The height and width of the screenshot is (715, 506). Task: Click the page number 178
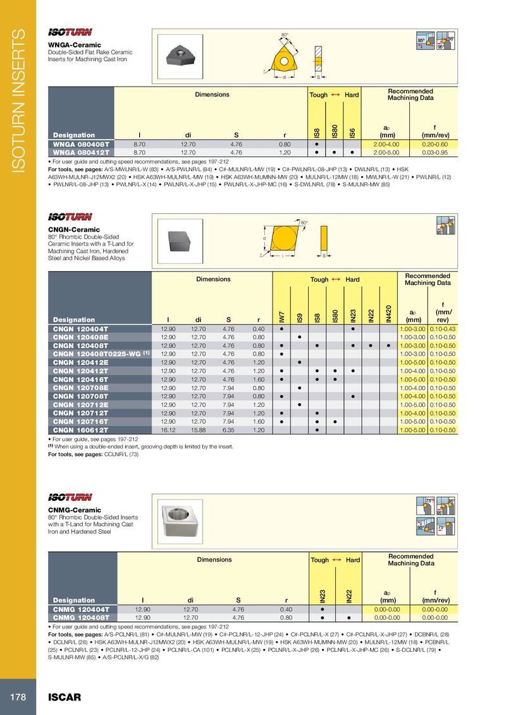click(17, 697)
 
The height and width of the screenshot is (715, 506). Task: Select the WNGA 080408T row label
click(81, 145)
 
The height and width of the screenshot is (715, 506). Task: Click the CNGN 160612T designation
click(81, 430)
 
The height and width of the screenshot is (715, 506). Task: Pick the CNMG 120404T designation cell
click(81, 609)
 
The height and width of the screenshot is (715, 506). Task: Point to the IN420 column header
click(388, 315)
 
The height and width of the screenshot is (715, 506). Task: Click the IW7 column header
click(281, 315)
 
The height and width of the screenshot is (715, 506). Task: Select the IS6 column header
click(352, 131)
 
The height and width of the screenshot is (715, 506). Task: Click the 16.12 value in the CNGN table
click(168, 430)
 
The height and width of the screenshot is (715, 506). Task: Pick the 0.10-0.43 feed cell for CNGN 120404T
click(443, 329)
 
